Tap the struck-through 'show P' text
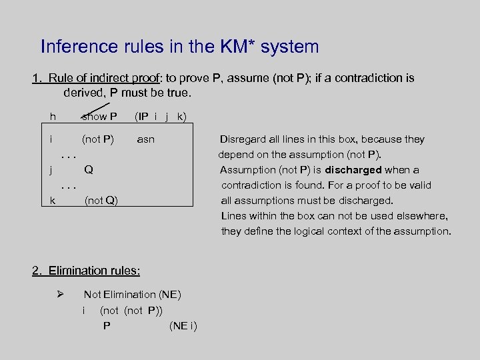tap(100, 117)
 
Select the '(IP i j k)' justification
tap(161, 117)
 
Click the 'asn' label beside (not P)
tap(145, 139)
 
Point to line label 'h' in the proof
tap(53, 117)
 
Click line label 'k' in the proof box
tap(53, 200)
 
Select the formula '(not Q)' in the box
tap(101, 200)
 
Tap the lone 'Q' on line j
tap(88, 169)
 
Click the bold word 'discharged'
tap(353, 170)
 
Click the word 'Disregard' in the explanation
tap(244, 139)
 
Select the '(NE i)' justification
tap(183, 326)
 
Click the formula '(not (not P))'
tap(131, 310)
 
